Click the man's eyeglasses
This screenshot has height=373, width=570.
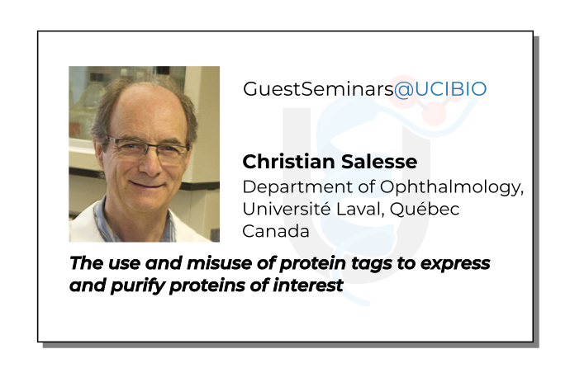(x=149, y=149)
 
